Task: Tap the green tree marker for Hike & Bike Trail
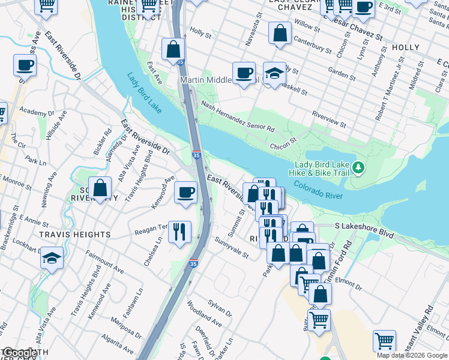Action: [359, 166]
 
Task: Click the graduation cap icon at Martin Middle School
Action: [274, 74]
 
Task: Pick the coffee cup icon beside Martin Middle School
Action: [243, 73]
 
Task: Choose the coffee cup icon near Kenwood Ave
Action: [185, 193]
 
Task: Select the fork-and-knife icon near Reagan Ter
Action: [178, 232]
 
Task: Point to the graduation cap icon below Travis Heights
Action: [52, 259]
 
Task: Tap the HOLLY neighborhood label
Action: [405, 47]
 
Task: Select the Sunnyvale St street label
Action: [231, 246]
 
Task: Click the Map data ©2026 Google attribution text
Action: [411, 355]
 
